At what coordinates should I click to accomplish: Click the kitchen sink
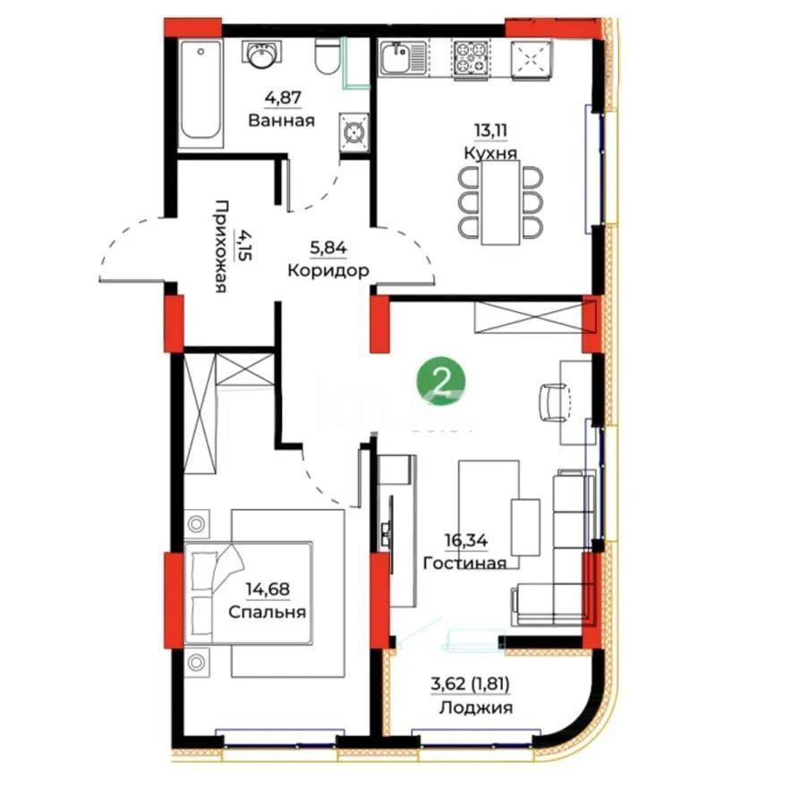click(x=396, y=60)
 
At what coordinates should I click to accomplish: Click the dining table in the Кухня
click(x=500, y=203)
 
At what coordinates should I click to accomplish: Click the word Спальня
click(x=268, y=613)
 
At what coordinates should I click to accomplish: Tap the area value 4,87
click(x=281, y=99)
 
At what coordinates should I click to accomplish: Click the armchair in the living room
click(x=554, y=402)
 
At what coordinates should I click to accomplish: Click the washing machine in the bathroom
click(x=354, y=132)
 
